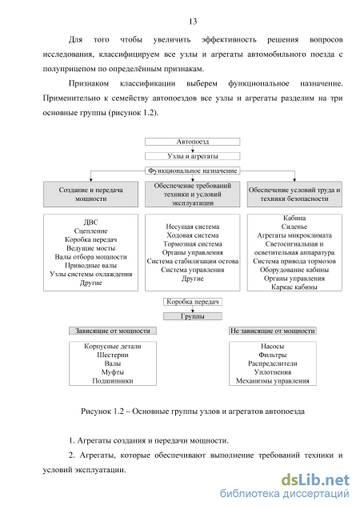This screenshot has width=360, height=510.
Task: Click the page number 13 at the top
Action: click(193, 22)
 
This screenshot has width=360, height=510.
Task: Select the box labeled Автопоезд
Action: click(192, 142)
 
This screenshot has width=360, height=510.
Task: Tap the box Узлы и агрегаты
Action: click(192, 156)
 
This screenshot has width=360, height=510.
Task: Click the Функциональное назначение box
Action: click(192, 171)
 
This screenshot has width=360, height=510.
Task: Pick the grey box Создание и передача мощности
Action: click(90, 195)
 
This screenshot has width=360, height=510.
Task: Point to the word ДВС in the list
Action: click(90, 222)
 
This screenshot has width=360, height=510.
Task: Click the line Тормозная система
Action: click(192, 244)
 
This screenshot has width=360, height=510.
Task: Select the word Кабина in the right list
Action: click(294, 218)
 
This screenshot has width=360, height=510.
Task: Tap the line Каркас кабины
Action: click(294, 287)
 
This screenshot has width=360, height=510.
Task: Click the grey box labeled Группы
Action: click(192, 316)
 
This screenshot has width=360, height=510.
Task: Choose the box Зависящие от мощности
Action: click(113, 331)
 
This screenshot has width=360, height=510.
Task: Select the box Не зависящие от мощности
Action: click(273, 331)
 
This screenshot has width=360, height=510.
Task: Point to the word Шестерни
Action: click(113, 355)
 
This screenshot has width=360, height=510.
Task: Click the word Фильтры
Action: click(273, 355)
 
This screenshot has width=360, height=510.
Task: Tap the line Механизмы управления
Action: click(273, 381)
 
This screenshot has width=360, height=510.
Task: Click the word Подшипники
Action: click(113, 381)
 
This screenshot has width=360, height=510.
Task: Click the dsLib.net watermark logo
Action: click(315, 480)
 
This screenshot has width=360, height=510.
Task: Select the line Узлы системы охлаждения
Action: click(90, 274)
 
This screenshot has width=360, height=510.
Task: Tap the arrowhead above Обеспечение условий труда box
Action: click(294, 180)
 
